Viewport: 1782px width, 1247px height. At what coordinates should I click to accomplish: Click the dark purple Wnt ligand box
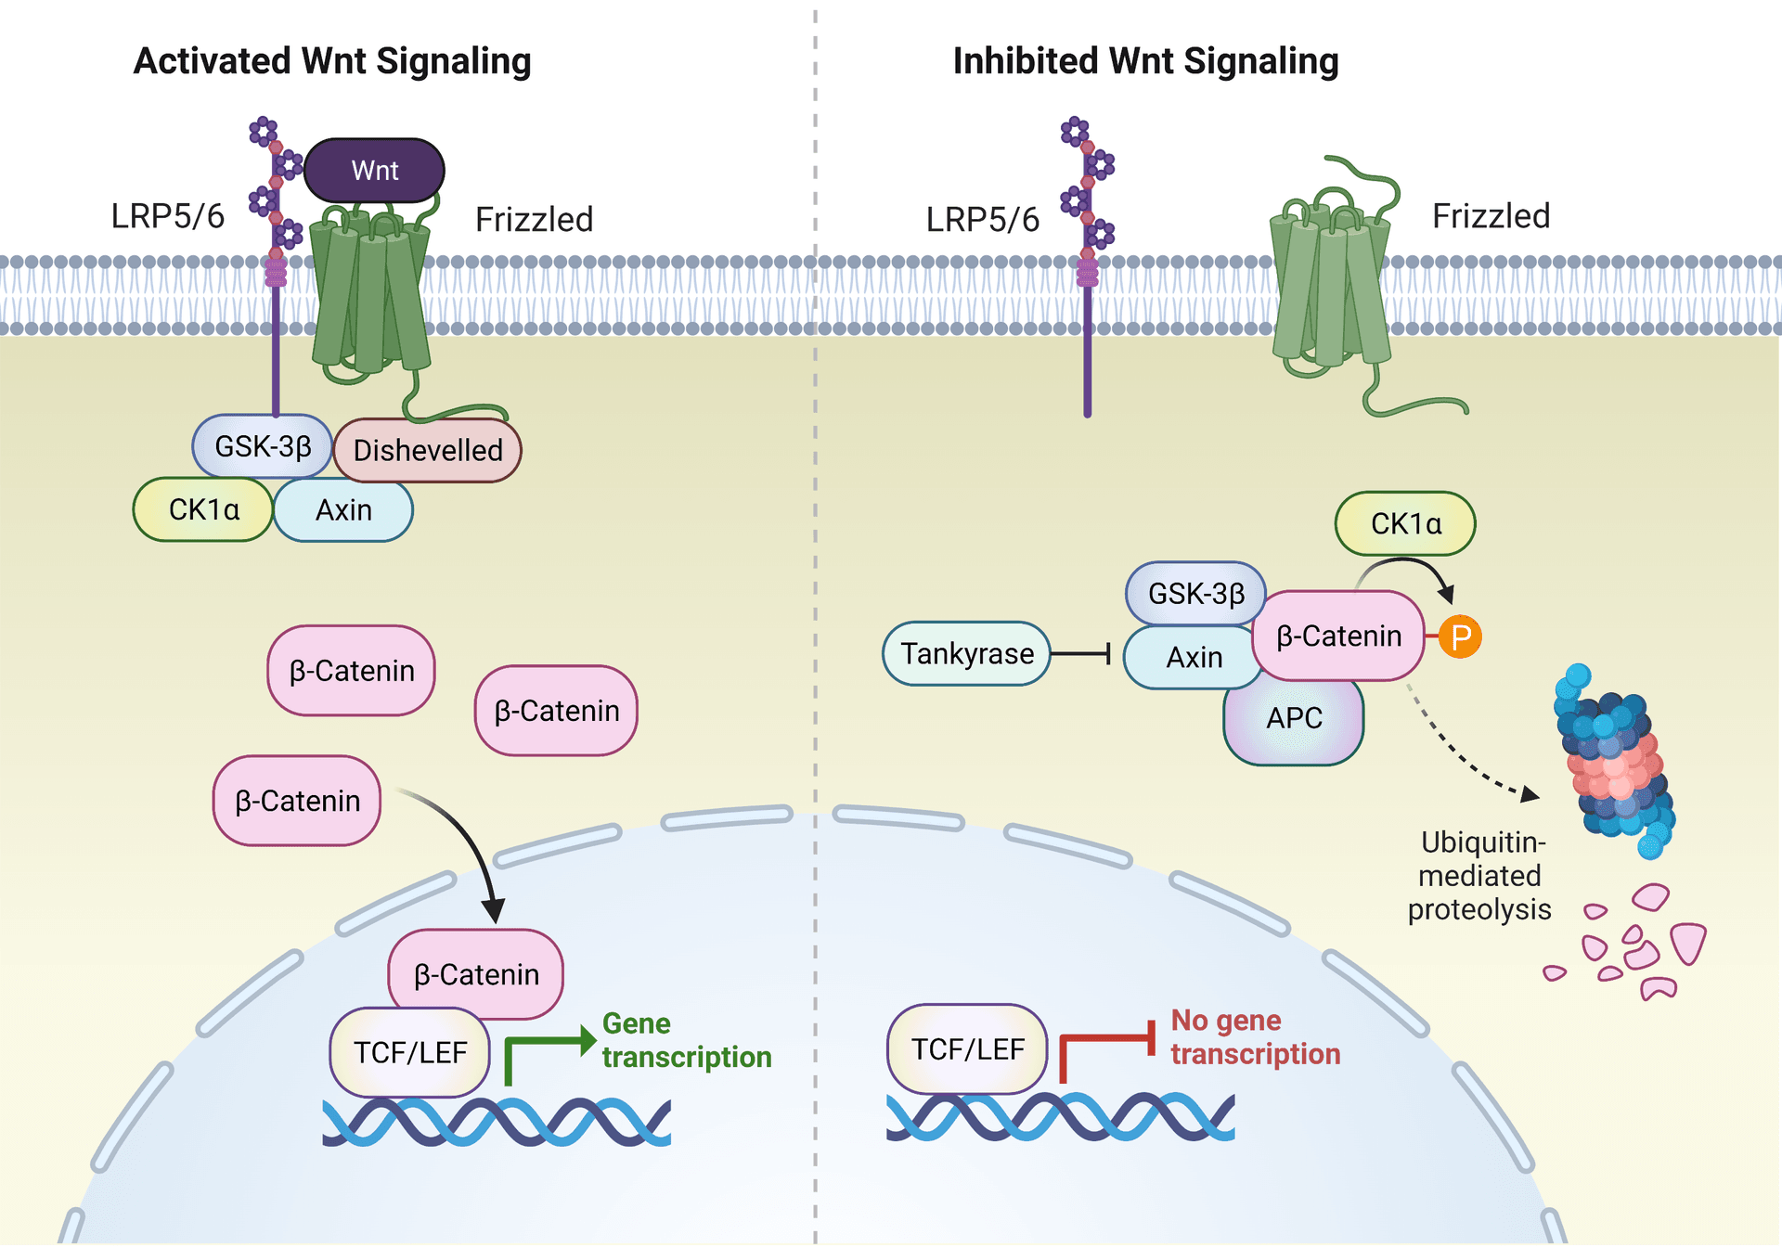[374, 171]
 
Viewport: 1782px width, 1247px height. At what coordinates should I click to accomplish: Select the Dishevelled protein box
[428, 451]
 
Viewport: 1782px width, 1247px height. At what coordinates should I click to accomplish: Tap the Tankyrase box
[966, 654]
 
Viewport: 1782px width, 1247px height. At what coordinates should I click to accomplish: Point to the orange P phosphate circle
[1460, 637]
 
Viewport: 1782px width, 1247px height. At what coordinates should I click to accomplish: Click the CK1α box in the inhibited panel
[1405, 524]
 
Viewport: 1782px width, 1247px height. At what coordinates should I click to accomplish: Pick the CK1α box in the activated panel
[203, 510]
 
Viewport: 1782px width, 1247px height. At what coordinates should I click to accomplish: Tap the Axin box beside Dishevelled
[343, 510]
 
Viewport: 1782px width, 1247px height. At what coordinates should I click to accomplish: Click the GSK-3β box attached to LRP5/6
[263, 446]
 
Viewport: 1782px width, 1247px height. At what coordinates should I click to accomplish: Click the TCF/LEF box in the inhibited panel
[967, 1049]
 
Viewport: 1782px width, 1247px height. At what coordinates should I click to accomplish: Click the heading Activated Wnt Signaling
[332, 61]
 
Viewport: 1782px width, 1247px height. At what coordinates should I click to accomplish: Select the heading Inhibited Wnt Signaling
[1145, 61]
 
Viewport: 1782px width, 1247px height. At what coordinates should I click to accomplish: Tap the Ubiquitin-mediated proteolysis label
[1479, 876]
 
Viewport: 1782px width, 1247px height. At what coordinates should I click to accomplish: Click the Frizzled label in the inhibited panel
[1491, 216]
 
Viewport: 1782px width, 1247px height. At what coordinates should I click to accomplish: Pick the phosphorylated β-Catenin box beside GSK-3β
[1338, 636]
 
